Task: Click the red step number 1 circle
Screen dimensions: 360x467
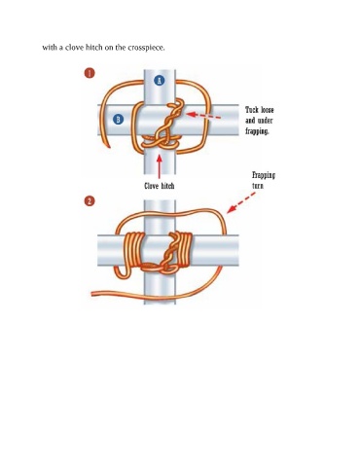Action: [90, 73]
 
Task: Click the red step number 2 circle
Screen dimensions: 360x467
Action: [90, 201]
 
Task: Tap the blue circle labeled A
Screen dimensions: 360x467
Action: [160, 81]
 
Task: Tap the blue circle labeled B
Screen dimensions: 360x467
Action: [118, 120]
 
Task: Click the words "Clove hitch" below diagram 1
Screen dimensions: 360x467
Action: [160, 186]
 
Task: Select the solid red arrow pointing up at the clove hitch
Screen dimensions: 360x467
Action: [160, 166]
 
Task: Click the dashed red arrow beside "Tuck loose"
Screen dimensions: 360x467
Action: [203, 116]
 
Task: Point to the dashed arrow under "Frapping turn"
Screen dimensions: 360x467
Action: [241, 203]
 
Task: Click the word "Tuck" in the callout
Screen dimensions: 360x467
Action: [252, 110]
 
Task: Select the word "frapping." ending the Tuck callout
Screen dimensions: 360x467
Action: [257, 131]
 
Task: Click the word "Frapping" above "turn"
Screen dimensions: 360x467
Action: [264, 175]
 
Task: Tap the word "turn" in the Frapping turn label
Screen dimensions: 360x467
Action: [258, 186]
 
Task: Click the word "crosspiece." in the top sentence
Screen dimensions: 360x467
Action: [146, 48]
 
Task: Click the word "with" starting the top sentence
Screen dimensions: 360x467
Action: [50, 48]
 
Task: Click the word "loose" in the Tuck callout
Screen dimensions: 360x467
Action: [268, 110]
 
